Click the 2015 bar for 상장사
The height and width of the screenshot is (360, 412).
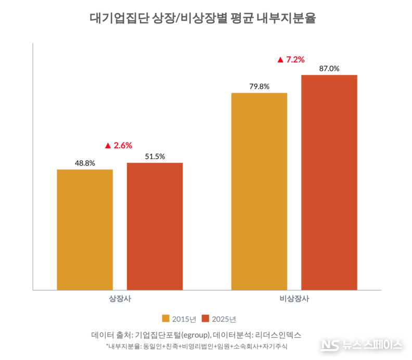pos(85,229)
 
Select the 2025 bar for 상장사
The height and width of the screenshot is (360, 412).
pos(154,226)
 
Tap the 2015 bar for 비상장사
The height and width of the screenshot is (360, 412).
pos(259,191)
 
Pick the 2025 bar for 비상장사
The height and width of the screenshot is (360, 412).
pos(329,183)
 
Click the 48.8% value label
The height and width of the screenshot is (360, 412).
pos(85,163)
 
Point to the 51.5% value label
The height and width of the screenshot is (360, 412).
pos(154,157)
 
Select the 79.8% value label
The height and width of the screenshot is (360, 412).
pos(259,87)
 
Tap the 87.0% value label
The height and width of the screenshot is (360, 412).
pos(329,69)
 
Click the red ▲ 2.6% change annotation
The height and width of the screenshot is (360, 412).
pos(119,146)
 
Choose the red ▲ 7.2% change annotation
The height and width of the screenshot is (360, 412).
pos(291,59)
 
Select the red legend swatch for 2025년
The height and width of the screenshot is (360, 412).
pos(205,318)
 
